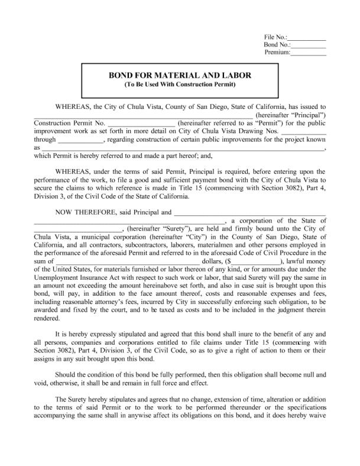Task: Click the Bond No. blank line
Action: (309, 45)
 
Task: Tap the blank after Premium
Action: (309, 53)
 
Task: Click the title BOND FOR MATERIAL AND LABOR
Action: (180, 76)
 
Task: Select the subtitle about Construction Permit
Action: (180, 85)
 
